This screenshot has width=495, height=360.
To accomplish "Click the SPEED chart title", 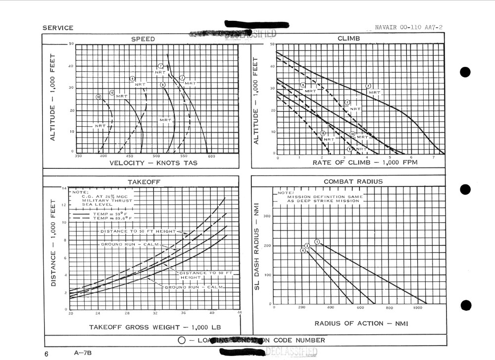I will (143, 39).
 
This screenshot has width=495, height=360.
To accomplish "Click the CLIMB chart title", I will (348, 39).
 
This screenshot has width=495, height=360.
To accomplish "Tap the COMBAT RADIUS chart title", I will (353, 181).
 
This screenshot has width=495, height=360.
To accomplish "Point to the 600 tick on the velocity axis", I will (211, 156).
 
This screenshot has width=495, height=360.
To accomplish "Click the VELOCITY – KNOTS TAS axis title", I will (149, 163).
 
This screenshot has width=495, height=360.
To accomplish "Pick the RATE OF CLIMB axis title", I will (365, 162).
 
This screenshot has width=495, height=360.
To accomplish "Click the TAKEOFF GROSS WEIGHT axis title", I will (154, 327).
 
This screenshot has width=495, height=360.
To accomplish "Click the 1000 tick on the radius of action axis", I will (418, 308).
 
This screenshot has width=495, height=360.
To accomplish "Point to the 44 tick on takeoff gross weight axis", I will (240, 313).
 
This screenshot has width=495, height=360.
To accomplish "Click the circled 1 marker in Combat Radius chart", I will (317, 242).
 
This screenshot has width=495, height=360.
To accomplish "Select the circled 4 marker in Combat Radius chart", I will (303, 250).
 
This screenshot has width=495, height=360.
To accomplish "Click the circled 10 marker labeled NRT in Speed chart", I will (99, 97).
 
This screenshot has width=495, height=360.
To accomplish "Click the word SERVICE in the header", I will (57, 28).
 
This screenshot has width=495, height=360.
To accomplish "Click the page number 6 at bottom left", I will (46, 353).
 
